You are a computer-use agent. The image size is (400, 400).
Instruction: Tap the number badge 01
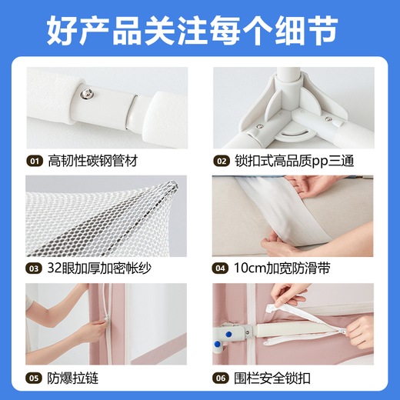35,162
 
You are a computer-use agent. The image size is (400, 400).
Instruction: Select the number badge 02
221,162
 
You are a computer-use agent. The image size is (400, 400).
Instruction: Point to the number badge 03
35,269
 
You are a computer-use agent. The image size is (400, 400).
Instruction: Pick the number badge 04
221,269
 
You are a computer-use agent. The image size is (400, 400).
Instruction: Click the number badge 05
35,378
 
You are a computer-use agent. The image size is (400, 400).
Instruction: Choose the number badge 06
221,378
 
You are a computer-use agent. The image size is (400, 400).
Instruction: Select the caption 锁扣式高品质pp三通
295,162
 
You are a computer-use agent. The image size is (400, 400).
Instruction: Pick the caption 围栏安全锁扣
271,378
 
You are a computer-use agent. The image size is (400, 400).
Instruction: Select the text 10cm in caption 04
248,269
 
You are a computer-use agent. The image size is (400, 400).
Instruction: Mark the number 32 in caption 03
55,269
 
